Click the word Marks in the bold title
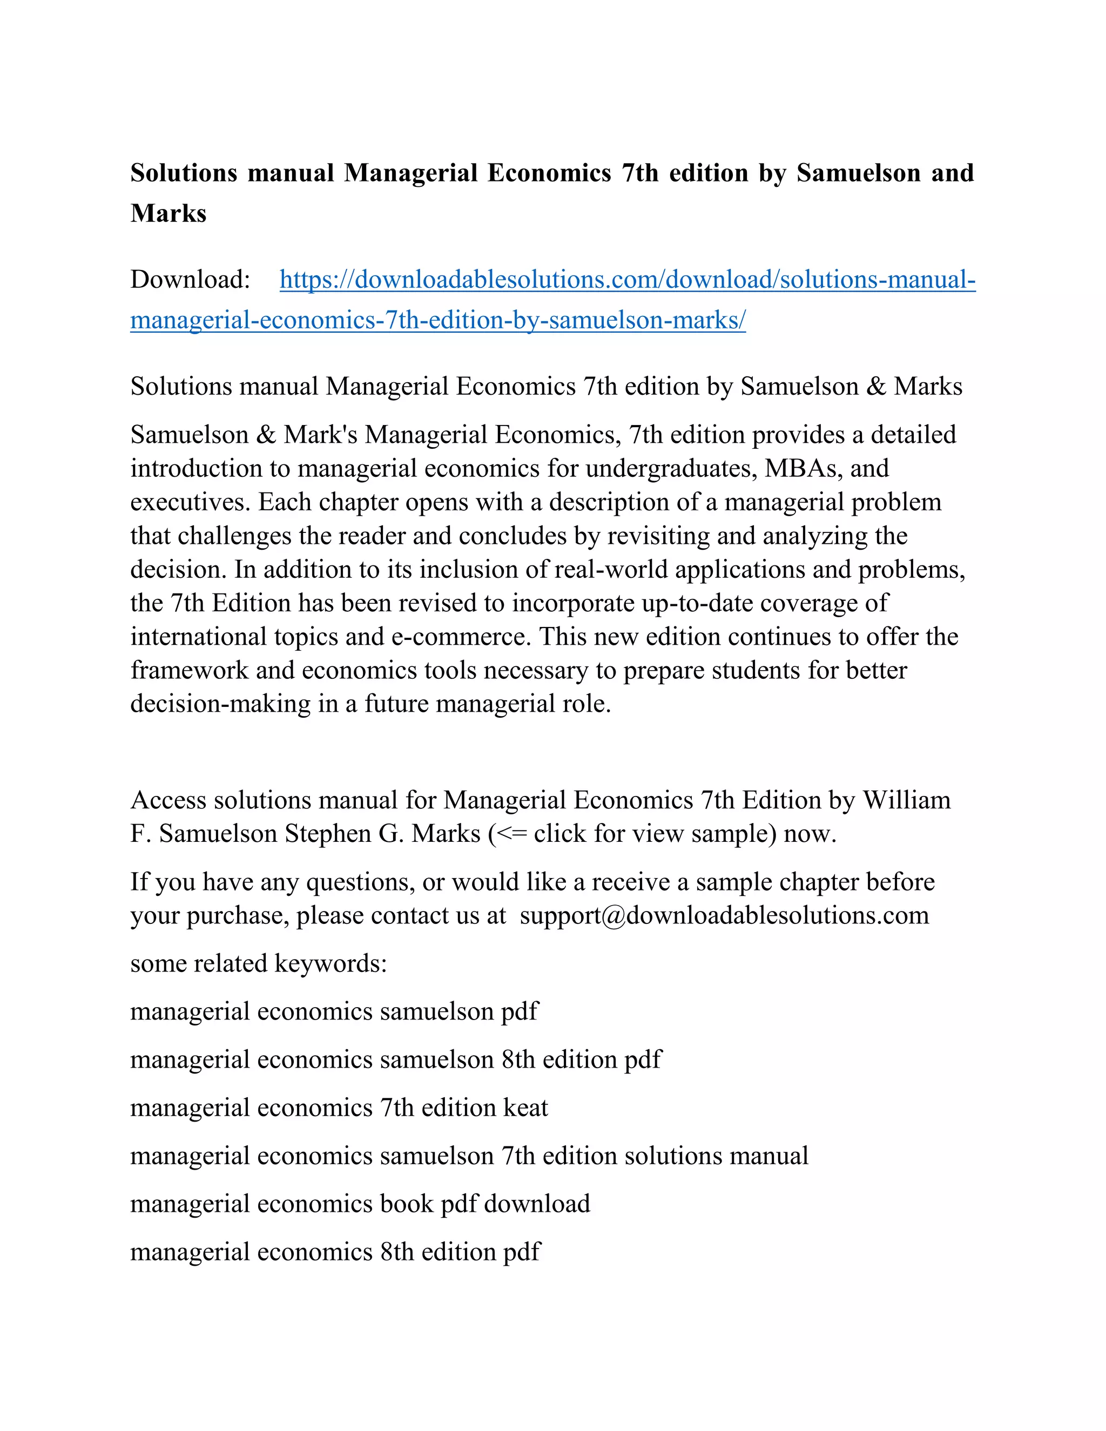[168, 214]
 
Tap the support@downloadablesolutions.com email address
[724, 915]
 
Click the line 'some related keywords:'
[259, 964]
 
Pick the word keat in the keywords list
[525, 1108]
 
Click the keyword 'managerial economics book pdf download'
[360, 1204]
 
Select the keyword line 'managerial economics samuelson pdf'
[334, 1011]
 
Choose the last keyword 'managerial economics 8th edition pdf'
[335, 1252]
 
